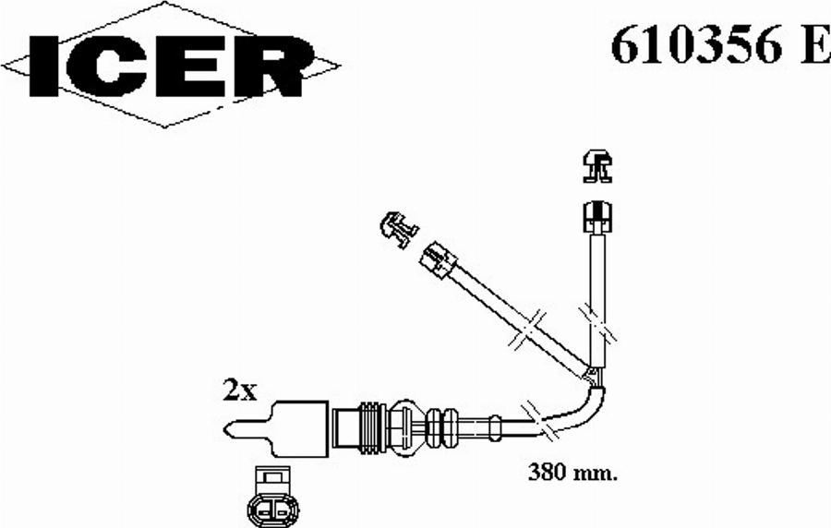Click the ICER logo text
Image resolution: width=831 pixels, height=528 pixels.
[171, 66]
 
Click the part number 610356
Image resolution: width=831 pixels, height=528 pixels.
[696, 44]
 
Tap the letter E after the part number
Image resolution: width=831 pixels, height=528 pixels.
[814, 44]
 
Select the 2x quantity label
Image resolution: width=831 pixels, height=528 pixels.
[239, 390]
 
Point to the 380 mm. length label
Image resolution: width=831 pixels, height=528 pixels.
[572, 472]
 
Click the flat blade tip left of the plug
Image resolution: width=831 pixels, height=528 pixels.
[247, 429]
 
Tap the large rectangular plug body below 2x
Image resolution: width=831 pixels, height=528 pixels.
[298, 428]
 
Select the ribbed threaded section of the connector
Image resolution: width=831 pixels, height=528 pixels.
[373, 428]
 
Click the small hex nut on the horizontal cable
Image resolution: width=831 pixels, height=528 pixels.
[494, 427]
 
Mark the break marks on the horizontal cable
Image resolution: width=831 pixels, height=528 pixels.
[539, 422]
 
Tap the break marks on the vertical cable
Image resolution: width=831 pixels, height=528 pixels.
[596, 324]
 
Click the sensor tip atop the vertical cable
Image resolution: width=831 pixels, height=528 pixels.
[597, 217]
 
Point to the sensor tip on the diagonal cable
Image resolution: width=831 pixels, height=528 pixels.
[438, 259]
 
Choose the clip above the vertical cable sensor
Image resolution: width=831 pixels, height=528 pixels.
[597, 166]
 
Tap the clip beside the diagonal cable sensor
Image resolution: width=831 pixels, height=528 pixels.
[399, 229]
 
